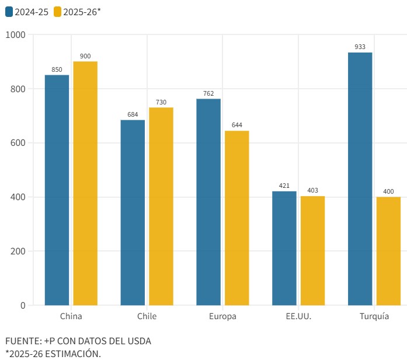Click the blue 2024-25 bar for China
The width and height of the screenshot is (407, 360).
click(57, 190)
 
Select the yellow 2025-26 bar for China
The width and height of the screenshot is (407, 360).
click(85, 183)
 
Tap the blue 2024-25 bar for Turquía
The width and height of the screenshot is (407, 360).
click(360, 179)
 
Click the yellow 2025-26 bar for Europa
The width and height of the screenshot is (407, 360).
click(236, 218)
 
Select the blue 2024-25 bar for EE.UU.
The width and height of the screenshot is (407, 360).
click(284, 248)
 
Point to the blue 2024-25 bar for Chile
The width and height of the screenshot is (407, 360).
click(133, 212)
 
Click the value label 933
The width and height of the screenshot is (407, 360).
click(360, 47)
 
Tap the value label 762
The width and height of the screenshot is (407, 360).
click(208, 93)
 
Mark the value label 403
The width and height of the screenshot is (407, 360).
click(312, 190)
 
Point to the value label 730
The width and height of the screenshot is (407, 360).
click(161, 102)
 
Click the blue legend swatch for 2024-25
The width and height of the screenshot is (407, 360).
click(9, 12)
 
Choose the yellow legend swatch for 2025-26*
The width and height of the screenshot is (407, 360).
click(57, 12)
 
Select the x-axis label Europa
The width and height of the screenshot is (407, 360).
click(222, 317)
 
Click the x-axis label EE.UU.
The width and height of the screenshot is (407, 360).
click(298, 317)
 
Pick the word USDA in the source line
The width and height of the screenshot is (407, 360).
click(138, 341)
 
